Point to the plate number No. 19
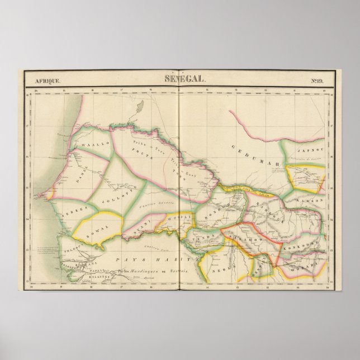click(317, 80)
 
